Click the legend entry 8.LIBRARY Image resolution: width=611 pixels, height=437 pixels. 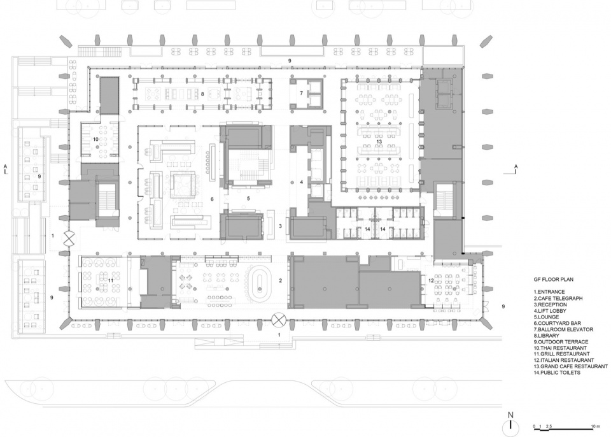click(x=547, y=336)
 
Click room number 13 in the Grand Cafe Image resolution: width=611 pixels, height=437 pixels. click(x=379, y=141)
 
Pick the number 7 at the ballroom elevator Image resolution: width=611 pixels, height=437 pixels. click(x=301, y=93)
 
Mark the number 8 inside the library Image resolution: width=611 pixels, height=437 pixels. click(x=202, y=94)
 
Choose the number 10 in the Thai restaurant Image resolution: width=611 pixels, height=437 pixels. click(x=95, y=139)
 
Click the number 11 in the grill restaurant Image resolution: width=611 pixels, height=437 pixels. click(x=110, y=280)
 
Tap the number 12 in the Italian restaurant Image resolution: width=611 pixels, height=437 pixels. click(x=431, y=280)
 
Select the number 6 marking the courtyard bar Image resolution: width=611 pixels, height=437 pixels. click(x=212, y=199)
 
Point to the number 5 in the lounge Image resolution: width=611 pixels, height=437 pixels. click(x=248, y=198)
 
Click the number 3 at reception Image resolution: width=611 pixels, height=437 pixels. click(x=280, y=226)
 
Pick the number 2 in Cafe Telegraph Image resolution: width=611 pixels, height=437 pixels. click(x=280, y=280)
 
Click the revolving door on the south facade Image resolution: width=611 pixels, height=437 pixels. click(x=278, y=320)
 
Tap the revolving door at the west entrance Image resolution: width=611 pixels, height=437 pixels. click(x=69, y=238)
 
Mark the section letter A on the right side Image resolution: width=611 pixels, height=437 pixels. click(x=516, y=167)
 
